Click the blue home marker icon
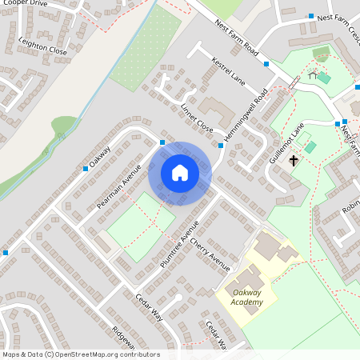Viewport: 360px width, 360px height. coord(180,173)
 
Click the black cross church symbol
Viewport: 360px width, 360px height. coord(294,160)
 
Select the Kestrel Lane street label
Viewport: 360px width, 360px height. coord(228,70)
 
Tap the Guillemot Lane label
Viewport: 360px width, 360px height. coord(287,143)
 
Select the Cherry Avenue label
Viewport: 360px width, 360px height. coord(210,254)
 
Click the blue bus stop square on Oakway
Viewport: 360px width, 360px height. coord(86,169)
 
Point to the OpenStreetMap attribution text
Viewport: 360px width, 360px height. coord(81,354)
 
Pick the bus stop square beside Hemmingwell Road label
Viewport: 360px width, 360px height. coord(221,146)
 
